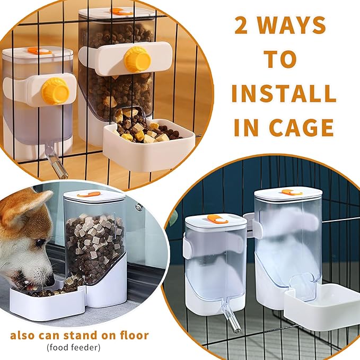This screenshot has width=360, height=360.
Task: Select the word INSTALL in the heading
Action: click(x=284, y=94)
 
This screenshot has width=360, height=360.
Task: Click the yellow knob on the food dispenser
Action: click(x=137, y=59)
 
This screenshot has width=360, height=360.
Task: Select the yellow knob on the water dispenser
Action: click(x=56, y=91)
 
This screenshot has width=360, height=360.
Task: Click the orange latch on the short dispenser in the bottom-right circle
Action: click(x=217, y=218)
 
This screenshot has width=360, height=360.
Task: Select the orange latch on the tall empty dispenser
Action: click(x=292, y=192)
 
